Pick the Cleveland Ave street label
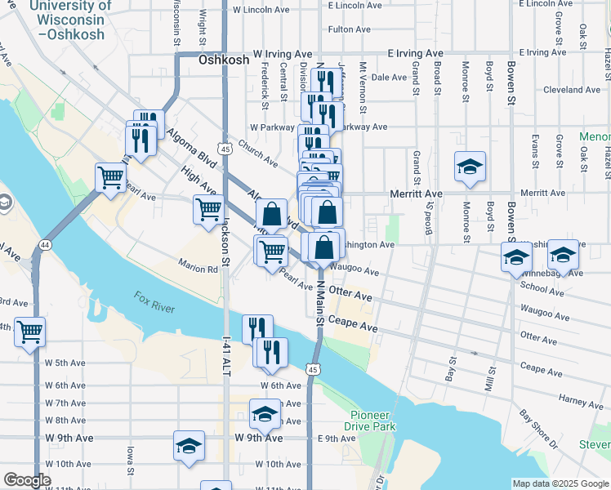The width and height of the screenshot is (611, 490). [572, 90]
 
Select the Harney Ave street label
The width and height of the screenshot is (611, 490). [559, 400]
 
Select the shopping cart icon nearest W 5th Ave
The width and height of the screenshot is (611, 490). [30, 331]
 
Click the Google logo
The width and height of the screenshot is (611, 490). [27, 480]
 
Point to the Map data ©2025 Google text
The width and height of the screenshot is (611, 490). [560, 483]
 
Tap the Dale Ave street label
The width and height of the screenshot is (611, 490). [389, 78]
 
